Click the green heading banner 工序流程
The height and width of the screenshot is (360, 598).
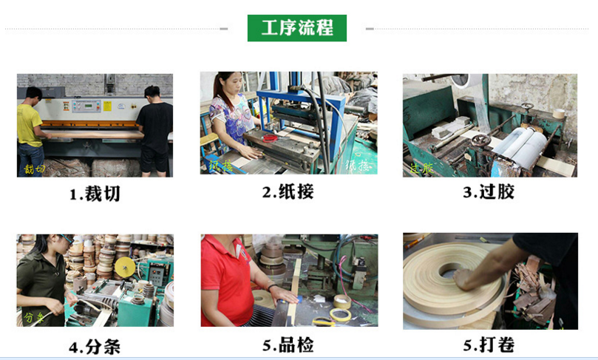(x=298, y=28)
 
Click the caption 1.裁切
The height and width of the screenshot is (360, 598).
(x=95, y=194)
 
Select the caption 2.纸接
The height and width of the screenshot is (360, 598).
(x=288, y=192)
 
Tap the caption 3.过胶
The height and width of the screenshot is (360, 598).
(x=489, y=192)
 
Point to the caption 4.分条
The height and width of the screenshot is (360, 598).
(x=95, y=346)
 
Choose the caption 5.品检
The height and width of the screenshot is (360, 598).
(x=288, y=344)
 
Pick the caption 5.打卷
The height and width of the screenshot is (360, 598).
(x=489, y=344)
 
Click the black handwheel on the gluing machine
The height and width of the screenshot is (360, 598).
(x=480, y=140)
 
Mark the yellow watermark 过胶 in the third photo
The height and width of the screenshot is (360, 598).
(x=421, y=169)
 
